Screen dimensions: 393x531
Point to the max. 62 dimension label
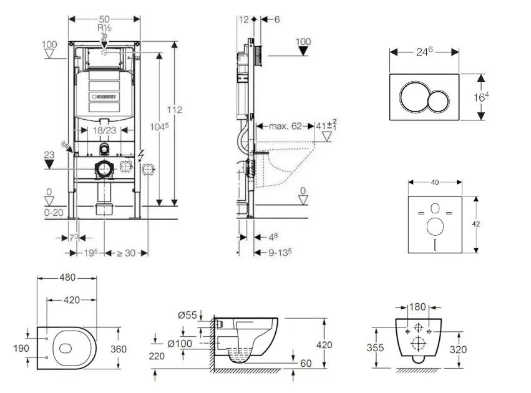coord(285,126)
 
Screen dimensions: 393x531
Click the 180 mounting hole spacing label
coord(418,307)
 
